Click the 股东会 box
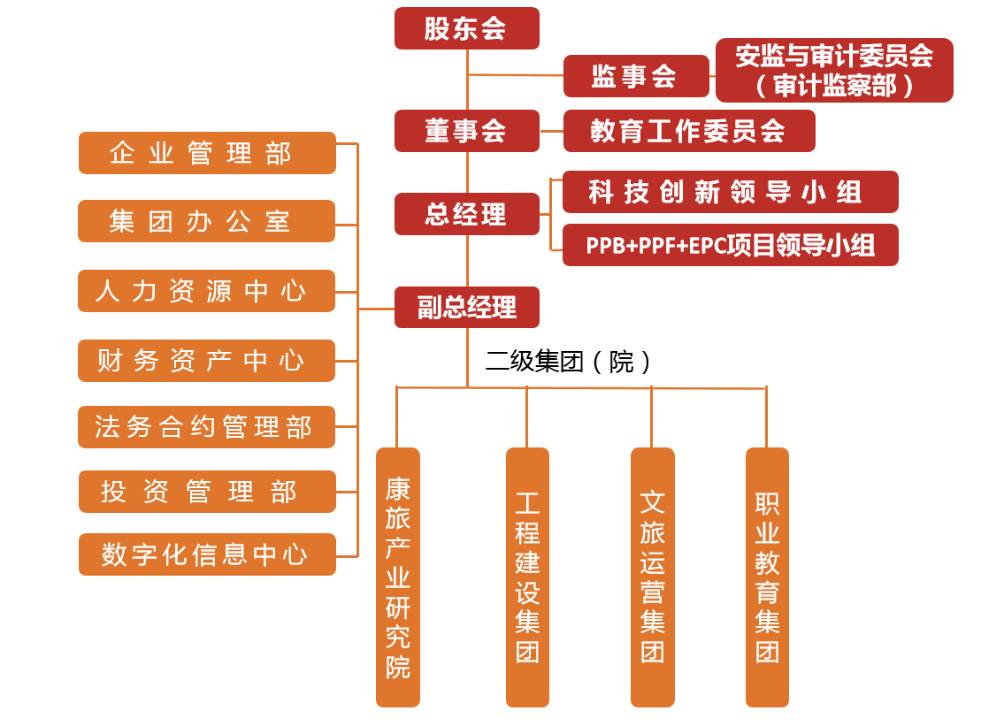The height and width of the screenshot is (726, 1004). tap(466, 28)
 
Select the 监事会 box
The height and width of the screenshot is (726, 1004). tap(636, 76)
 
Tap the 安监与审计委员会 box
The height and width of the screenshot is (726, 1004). tap(833, 70)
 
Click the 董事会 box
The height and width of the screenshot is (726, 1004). tap(466, 131)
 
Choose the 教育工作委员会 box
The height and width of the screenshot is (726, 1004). tap(688, 131)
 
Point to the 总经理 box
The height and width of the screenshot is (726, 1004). tap(466, 214)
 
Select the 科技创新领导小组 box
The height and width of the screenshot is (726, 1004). tap(730, 192)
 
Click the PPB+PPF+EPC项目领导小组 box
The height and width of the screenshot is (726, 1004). tap(730, 245)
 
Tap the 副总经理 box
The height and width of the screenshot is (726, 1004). tap(466, 308)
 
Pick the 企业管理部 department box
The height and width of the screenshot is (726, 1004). tap(207, 153)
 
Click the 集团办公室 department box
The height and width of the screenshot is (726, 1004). tap(206, 221)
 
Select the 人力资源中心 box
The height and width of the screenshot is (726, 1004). tap(206, 291)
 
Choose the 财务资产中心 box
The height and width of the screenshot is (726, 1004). tap(206, 361)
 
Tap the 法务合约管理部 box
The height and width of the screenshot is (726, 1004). tap(207, 427)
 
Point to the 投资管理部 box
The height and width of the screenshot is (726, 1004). tap(207, 492)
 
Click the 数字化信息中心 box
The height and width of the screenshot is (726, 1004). tap(207, 554)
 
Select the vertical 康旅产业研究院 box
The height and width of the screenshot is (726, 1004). tap(398, 577)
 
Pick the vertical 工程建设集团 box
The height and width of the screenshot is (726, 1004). tap(527, 577)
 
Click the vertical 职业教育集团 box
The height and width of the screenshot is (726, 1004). tap(767, 577)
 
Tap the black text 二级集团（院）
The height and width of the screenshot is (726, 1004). tap(569, 361)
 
